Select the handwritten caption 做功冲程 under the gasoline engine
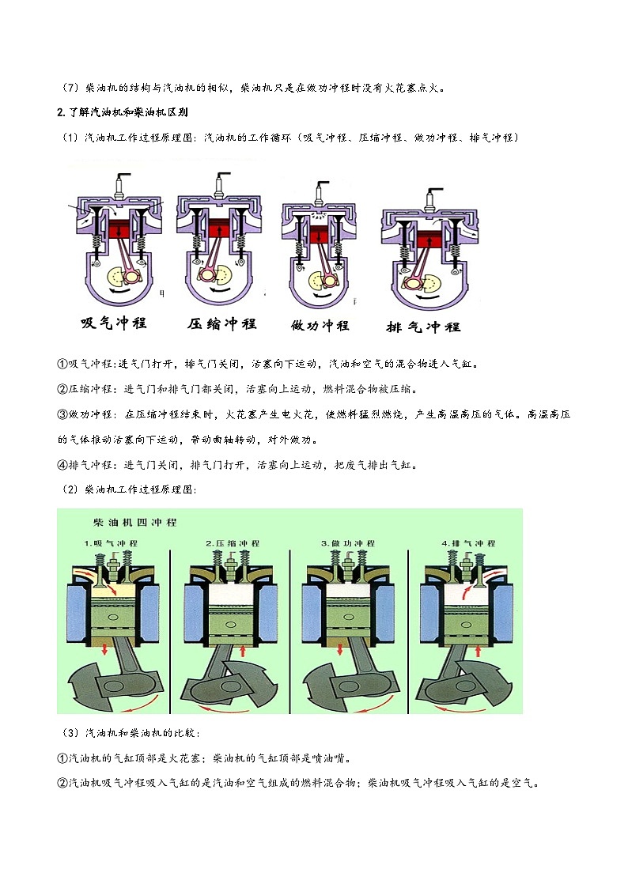[x=320, y=325]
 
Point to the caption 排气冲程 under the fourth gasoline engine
[x=422, y=327]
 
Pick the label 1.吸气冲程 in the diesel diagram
[x=111, y=544]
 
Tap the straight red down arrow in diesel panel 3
[x=340, y=649]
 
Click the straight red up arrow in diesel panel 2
[x=240, y=650]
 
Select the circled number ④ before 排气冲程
[x=62, y=465]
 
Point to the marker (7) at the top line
[x=70, y=88]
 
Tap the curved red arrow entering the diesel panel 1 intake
[x=115, y=589]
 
